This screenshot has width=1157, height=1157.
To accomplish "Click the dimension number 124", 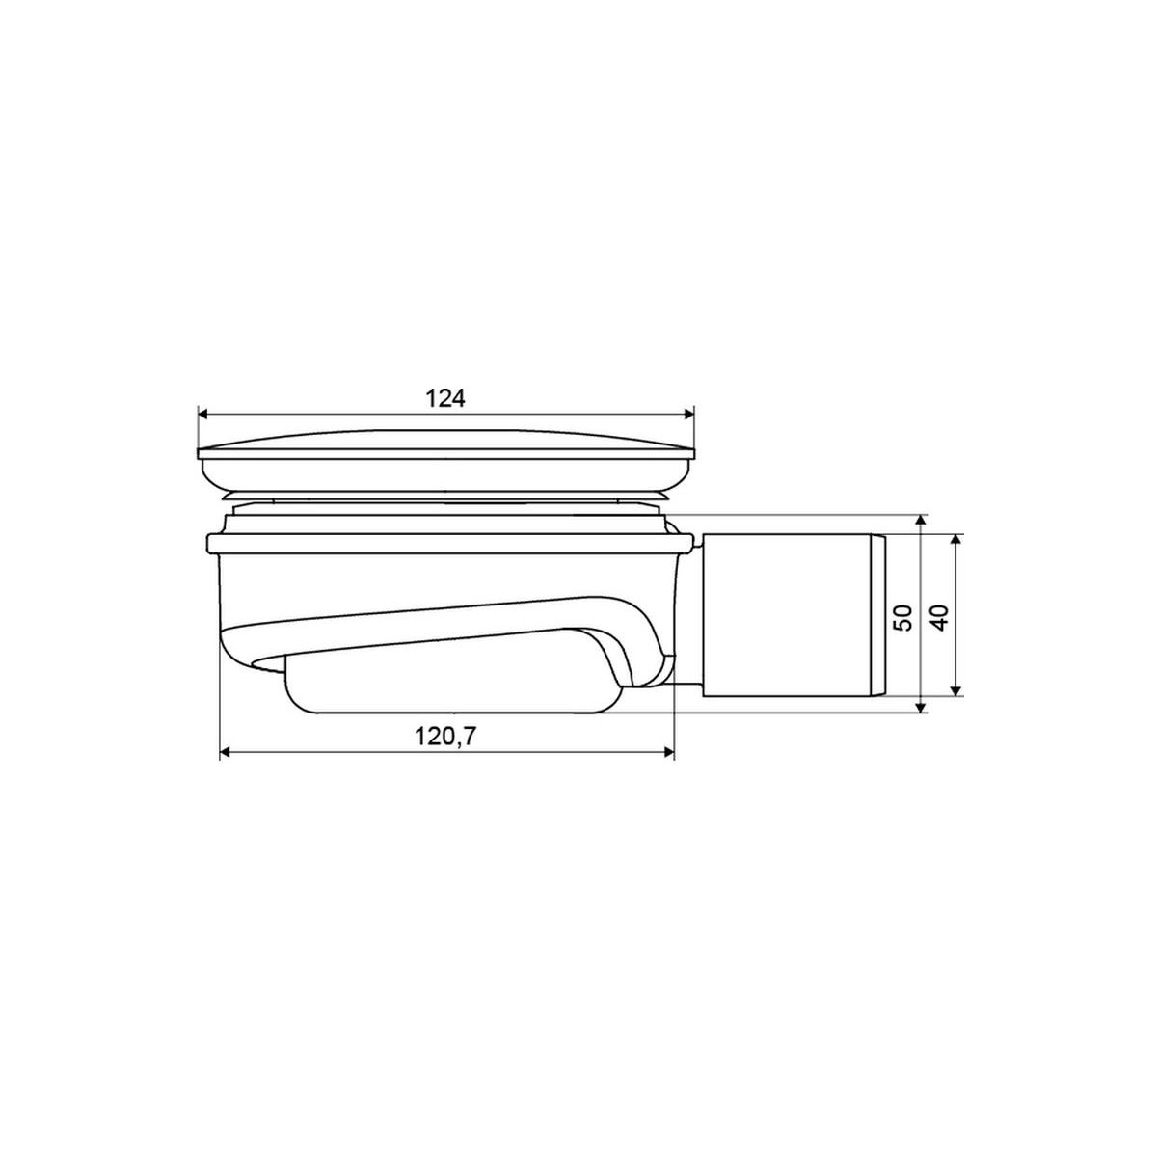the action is click(445, 398).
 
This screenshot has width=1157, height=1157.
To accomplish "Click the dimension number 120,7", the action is click(444, 736).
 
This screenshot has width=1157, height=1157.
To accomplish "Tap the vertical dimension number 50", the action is click(903, 617).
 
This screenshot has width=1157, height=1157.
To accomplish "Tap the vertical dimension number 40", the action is click(941, 617).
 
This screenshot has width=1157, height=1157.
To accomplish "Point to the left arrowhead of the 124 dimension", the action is click(202, 414).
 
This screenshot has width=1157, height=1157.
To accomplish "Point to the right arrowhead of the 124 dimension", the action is click(688, 414).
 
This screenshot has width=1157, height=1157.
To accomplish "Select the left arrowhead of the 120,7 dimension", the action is click(226, 752).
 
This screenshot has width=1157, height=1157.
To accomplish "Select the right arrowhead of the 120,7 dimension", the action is click(669, 752).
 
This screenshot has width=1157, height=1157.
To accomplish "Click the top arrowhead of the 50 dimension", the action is click(920, 520).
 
